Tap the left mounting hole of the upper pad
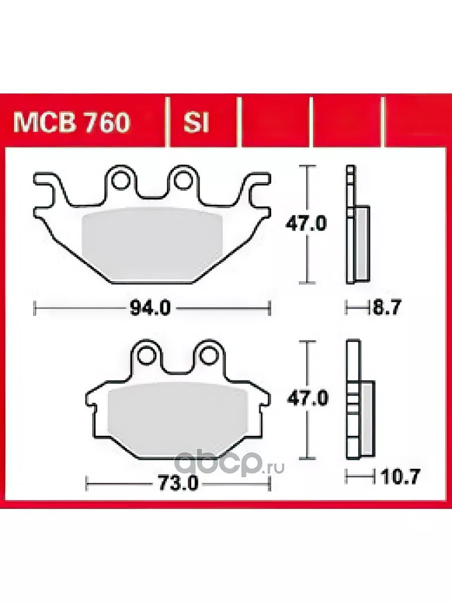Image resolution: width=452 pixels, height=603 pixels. (x=120, y=180)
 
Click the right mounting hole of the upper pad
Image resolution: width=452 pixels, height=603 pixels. (x=182, y=180)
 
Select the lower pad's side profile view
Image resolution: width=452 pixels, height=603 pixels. (x=359, y=399)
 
